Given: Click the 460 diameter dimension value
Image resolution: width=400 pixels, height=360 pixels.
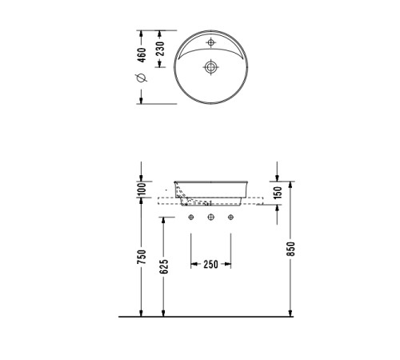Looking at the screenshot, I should click(142, 56).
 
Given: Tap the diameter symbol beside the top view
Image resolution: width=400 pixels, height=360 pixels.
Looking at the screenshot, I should click(142, 78).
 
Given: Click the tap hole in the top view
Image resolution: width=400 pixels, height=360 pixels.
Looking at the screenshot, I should click(211, 42).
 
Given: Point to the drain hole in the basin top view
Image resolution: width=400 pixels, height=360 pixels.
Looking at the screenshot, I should click(211, 66).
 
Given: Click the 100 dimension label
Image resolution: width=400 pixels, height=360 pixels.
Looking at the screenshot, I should click(142, 189).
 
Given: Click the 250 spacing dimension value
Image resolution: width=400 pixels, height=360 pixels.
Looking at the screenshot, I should click(211, 263).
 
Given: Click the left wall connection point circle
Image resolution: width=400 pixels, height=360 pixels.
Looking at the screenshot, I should click(191, 218).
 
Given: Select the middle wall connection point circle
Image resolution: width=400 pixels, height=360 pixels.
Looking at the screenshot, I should click(211, 218).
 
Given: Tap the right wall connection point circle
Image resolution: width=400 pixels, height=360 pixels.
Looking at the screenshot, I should click(230, 218).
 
